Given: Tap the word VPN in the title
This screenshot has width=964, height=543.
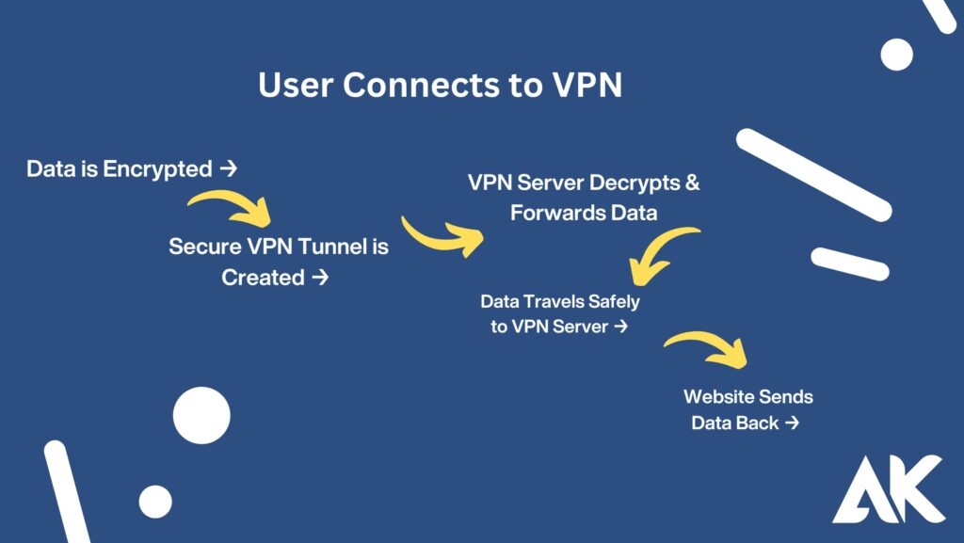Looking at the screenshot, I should tap(584, 86).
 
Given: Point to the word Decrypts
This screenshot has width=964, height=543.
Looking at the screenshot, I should tap(631, 183).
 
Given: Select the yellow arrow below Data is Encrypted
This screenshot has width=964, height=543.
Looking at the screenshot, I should tap(232, 209).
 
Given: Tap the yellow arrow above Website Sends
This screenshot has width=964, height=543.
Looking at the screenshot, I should tap(708, 347).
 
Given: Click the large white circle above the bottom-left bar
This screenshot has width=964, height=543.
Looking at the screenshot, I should tap(201, 415).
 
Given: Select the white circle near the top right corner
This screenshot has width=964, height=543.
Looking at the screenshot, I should tap(896, 55).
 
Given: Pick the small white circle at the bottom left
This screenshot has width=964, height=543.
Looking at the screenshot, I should tap(155, 502).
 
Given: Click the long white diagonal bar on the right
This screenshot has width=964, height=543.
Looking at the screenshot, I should tap(813, 175).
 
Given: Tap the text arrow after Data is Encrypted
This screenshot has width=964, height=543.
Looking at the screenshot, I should tap(227, 169).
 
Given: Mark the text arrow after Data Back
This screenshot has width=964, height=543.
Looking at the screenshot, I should tap(792, 423).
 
